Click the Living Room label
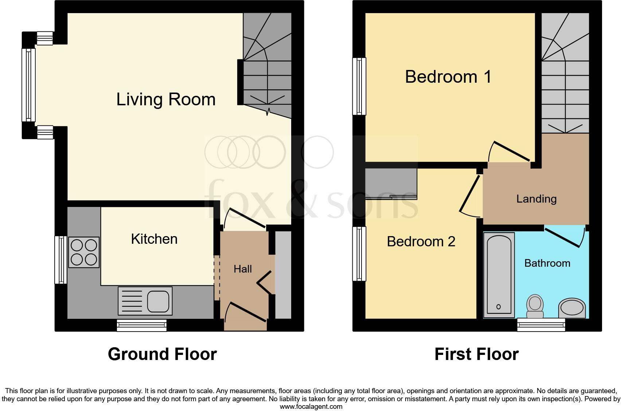[x=166, y=99]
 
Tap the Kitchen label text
[x=154, y=239]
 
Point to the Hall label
[x=243, y=269]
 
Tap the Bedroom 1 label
[x=448, y=77]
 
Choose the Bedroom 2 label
[x=421, y=242]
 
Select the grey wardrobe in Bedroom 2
[x=391, y=184]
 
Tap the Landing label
[x=536, y=199]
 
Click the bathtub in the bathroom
[x=499, y=275]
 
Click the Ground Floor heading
[x=162, y=354]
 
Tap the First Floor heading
[x=476, y=354]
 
